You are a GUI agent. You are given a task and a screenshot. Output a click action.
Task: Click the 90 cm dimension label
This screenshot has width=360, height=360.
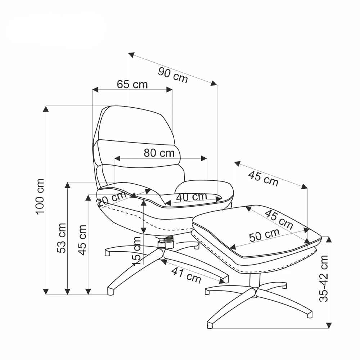click(x=173, y=75)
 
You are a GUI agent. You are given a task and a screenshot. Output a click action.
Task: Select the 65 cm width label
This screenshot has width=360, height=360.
click(x=132, y=85)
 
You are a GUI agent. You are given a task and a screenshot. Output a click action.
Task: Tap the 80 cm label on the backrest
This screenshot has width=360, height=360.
click(x=159, y=153)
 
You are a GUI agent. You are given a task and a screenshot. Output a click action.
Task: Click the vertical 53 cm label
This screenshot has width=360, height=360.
click(x=62, y=238)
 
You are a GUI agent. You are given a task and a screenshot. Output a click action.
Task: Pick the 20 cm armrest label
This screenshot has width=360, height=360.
click(x=112, y=199)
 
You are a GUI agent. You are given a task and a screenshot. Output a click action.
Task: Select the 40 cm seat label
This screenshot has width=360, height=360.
click(x=192, y=197)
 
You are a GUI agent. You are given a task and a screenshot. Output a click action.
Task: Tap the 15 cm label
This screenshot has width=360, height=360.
click(x=136, y=251)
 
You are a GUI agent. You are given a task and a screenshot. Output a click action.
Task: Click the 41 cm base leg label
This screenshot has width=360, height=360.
click(x=186, y=275)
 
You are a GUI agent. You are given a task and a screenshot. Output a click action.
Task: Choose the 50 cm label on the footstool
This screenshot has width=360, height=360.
click(x=265, y=235)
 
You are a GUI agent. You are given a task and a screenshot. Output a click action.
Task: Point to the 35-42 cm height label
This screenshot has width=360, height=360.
click(x=324, y=278)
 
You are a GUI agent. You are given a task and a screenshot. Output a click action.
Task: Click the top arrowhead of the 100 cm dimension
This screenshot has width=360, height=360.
click(x=46, y=109)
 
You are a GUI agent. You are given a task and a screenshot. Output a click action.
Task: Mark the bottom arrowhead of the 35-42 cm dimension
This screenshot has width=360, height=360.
click(x=329, y=325)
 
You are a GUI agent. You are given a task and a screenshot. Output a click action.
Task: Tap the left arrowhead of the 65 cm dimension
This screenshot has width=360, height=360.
click(x=95, y=90)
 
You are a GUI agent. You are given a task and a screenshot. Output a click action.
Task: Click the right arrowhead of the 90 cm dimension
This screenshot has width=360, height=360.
click(x=214, y=84)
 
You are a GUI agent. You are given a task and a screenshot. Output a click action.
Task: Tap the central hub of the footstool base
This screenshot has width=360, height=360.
click(x=254, y=292)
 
